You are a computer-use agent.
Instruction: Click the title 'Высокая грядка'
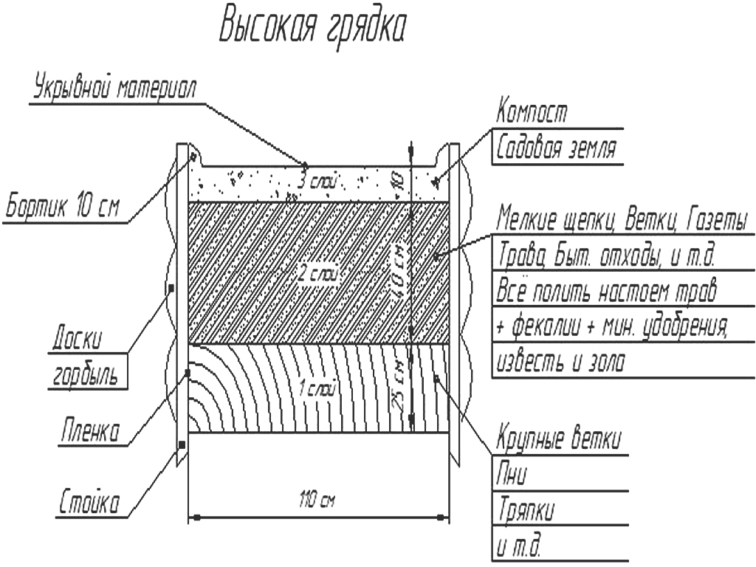312,28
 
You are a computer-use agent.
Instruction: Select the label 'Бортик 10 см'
62,207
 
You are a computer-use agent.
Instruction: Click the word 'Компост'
532,111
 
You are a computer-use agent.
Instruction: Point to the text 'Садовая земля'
556,147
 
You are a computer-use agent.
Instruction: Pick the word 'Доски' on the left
78,337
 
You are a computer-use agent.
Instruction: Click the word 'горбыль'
86,374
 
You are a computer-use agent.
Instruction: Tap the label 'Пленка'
89,430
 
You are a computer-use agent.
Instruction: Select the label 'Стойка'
89,502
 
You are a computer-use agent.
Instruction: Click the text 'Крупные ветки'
559,439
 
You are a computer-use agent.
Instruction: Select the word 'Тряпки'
526,510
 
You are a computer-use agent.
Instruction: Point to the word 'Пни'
512,474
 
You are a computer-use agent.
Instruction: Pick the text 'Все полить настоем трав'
607,291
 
